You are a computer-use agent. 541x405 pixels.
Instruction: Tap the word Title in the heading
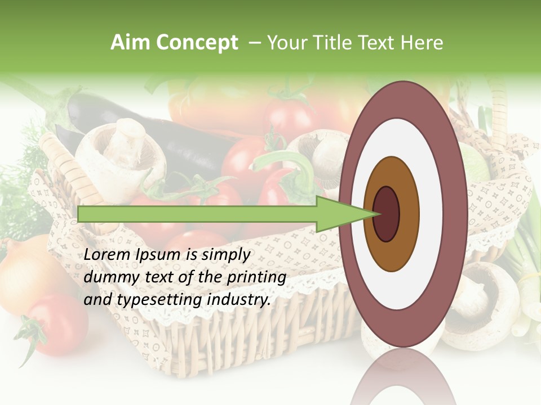point(336,43)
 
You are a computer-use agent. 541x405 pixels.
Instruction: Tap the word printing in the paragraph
point(256,278)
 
